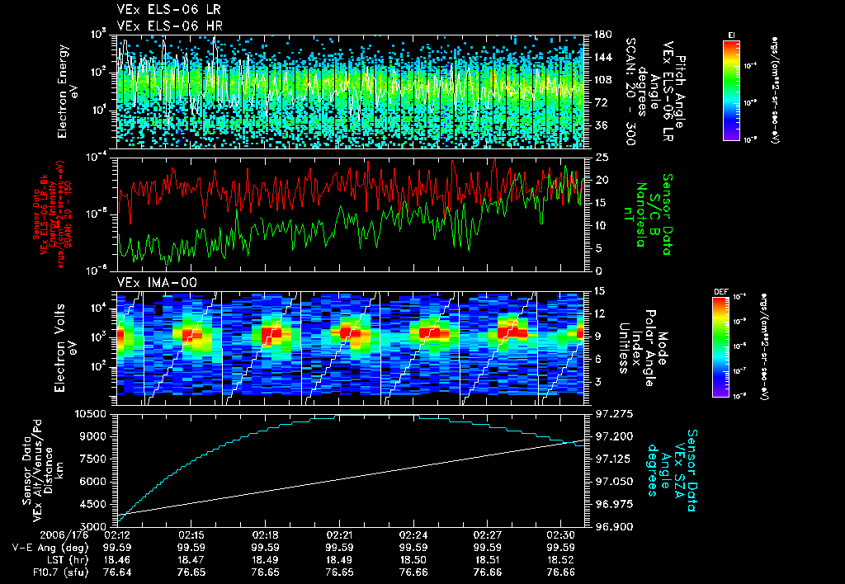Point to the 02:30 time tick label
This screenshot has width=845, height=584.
point(561,535)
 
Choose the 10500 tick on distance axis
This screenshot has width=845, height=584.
point(92,413)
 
